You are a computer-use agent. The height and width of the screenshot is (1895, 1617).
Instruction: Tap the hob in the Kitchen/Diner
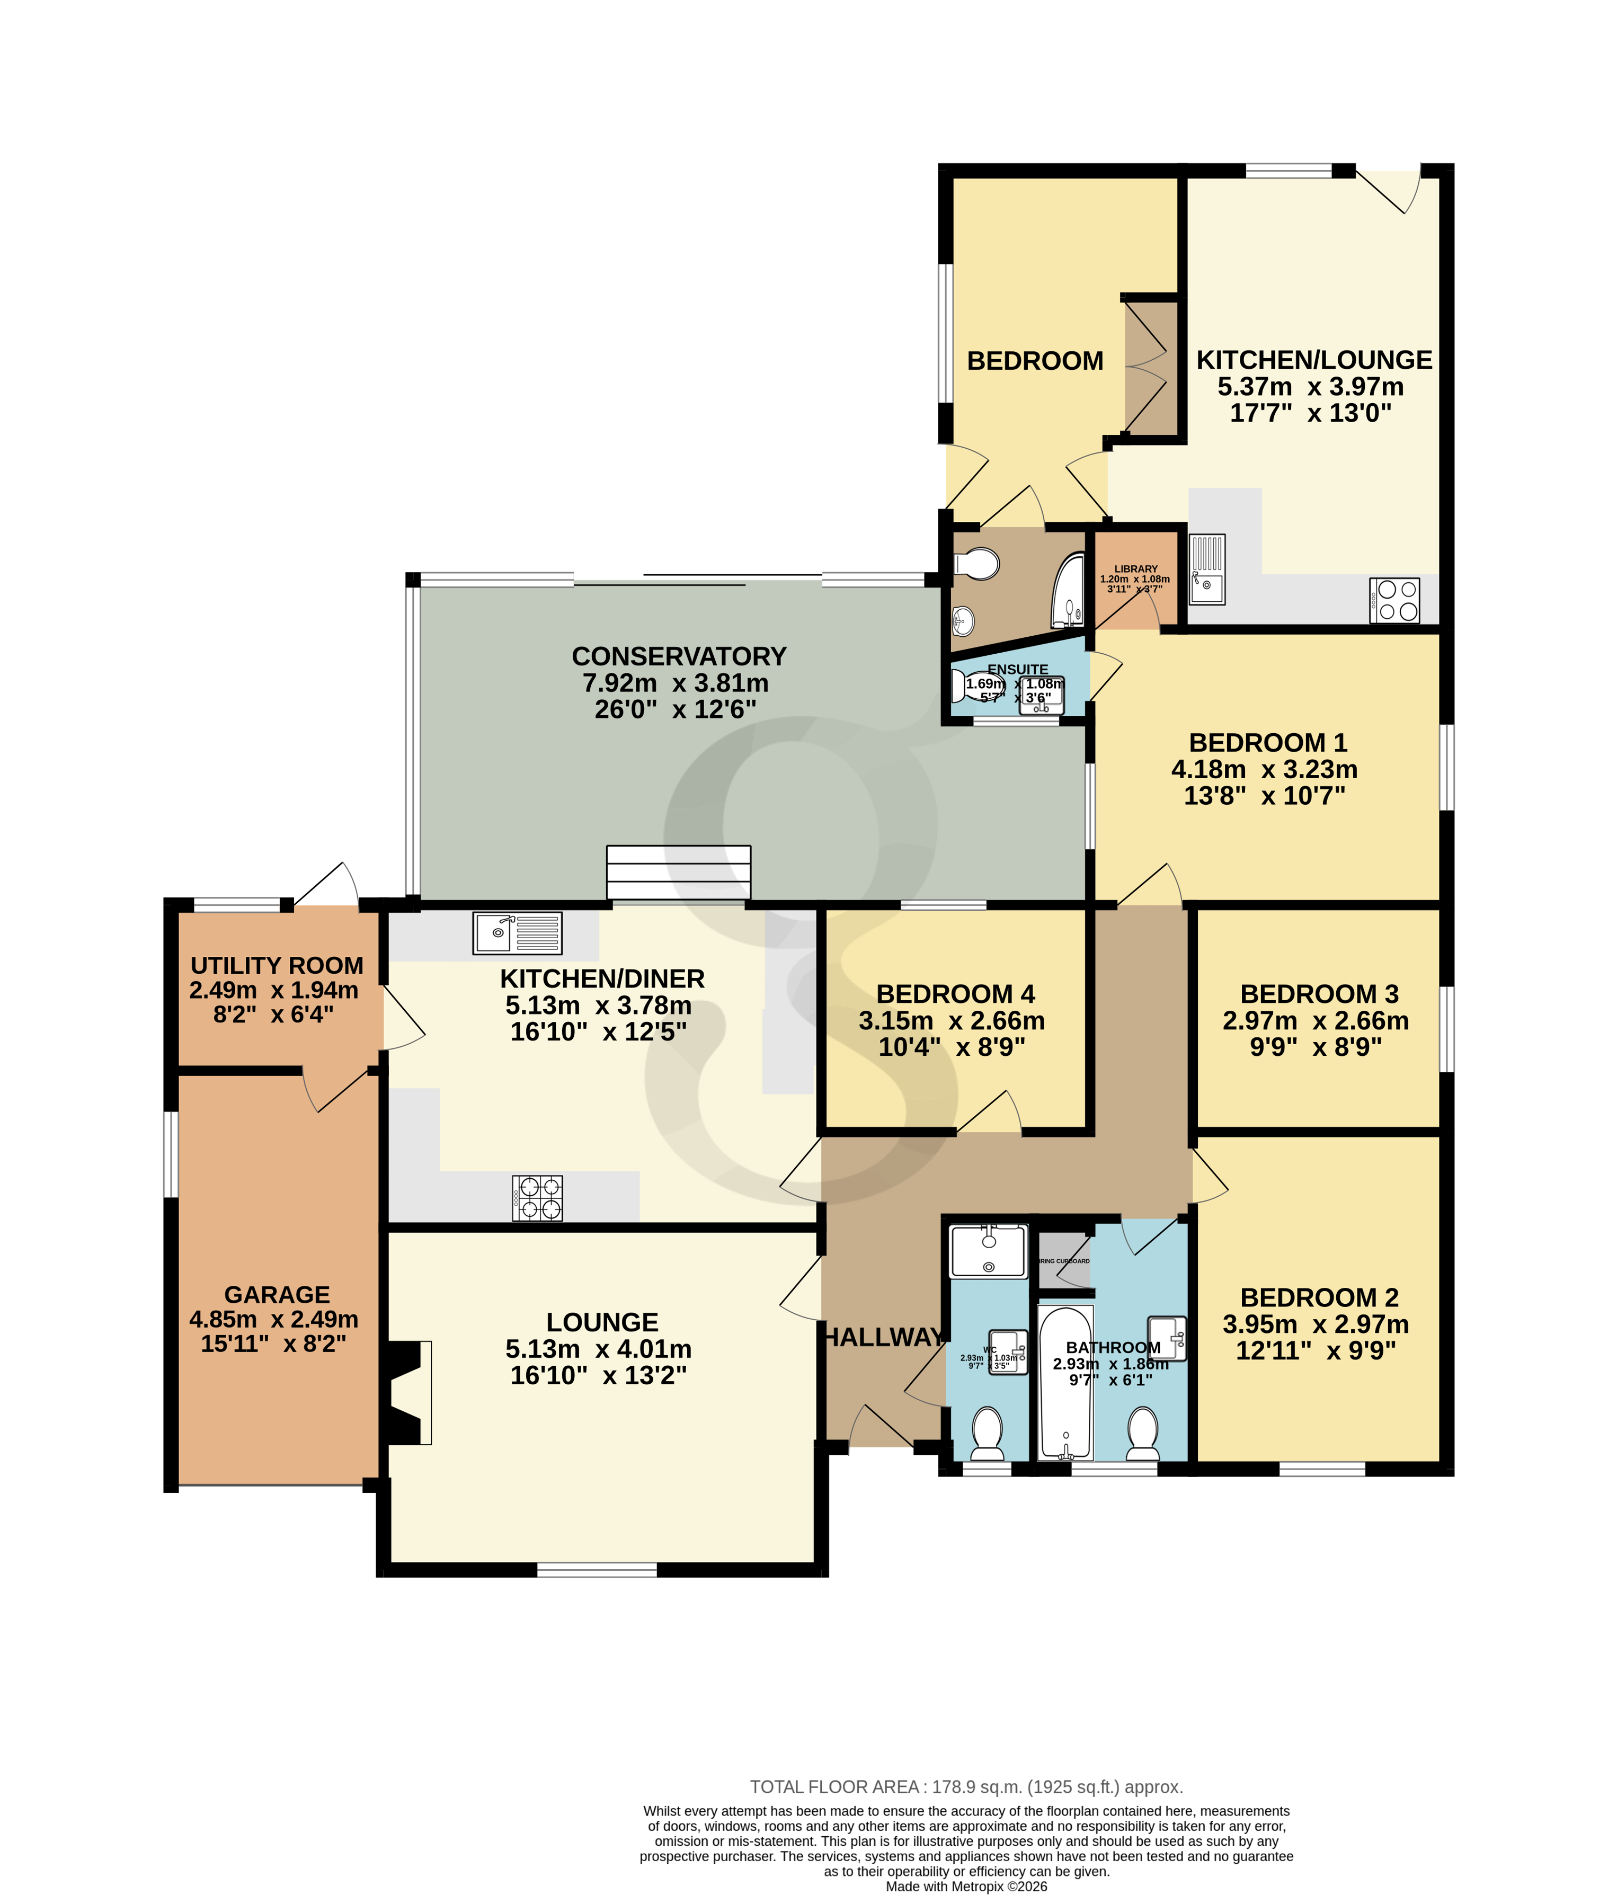(x=538, y=1197)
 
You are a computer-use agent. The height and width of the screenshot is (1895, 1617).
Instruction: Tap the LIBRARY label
(x=1135, y=569)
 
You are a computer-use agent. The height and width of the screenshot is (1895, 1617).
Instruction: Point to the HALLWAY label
(x=884, y=1337)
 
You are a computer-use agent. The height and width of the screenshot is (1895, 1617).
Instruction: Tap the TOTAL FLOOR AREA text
(x=966, y=1786)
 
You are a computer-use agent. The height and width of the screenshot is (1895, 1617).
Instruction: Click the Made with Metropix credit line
(x=966, y=1886)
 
